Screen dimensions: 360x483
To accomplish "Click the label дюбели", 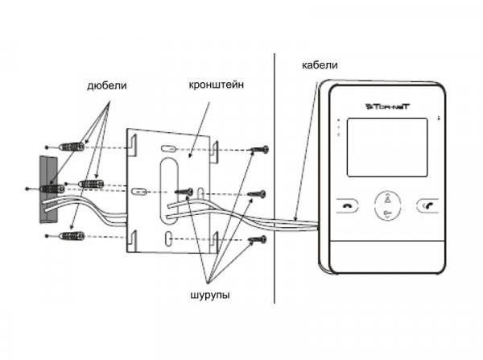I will click(x=106, y=85).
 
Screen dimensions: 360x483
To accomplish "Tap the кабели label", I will click(x=319, y=64).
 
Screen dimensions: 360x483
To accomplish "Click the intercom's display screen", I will click(x=384, y=147).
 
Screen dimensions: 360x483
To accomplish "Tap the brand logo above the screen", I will click(x=385, y=105).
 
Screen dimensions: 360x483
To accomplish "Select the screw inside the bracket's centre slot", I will click(x=184, y=192).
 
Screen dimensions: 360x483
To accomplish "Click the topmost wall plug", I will click(x=73, y=147).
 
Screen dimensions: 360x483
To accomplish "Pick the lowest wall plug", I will click(x=73, y=237).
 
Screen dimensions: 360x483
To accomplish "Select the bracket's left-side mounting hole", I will click(x=139, y=192).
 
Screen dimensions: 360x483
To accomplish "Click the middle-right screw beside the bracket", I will click(x=258, y=193).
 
